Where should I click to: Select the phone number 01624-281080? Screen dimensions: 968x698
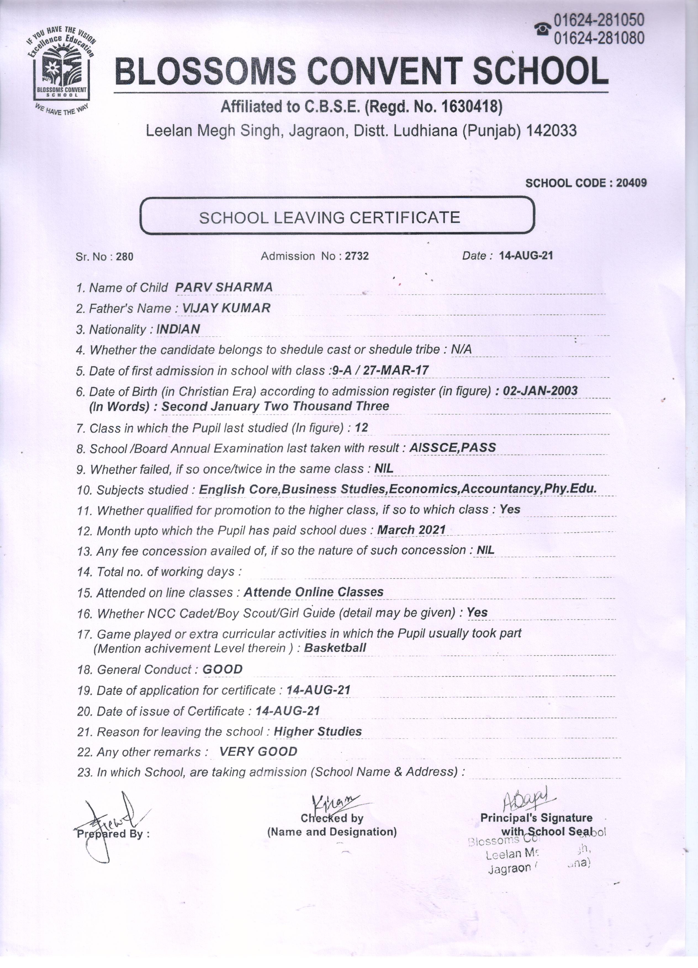(x=599, y=38)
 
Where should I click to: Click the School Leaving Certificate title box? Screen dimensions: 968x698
(x=337, y=216)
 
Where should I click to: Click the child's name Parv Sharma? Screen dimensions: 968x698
(x=224, y=287)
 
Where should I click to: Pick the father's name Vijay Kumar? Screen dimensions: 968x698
(x=226, y=308)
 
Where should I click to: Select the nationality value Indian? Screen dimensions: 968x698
(x=178, y=329)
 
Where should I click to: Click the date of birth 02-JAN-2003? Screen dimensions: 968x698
(x=540, y=391)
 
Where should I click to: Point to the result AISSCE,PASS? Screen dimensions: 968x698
(x=453, y=448)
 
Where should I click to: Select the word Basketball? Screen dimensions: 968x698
(x=335, y=648)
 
